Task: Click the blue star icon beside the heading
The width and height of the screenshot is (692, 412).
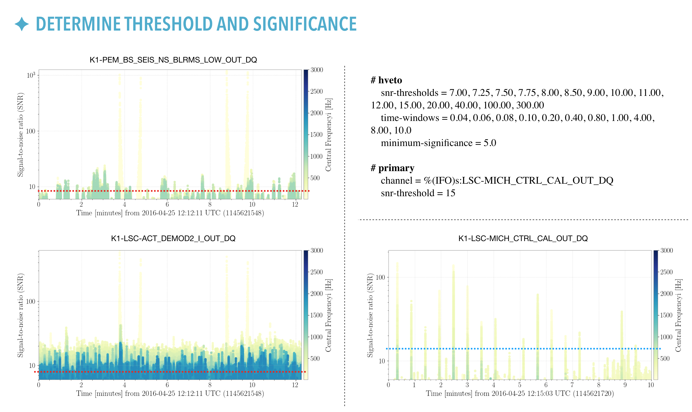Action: coord(22,24)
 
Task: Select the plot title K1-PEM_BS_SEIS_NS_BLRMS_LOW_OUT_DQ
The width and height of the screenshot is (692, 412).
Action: coord(173,60)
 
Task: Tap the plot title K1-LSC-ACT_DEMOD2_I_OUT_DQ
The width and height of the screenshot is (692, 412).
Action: coord(173,239)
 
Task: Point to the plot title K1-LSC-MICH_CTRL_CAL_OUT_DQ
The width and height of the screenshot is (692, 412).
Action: coord(523,239)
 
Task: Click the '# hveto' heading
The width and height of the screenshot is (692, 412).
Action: coord(386,80)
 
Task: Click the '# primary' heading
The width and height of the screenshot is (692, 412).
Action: coord(392,168)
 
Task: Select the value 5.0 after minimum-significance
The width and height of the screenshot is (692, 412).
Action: coord(490,143)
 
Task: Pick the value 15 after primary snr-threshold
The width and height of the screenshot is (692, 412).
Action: coord(450,193)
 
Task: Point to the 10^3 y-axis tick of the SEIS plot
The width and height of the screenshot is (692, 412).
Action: coord(31,75)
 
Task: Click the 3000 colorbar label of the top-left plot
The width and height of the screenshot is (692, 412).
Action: coord(317,70)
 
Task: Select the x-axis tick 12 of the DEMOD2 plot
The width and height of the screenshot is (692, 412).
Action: coord(295,385)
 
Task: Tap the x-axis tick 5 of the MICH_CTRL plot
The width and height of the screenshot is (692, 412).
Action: coord(519,385)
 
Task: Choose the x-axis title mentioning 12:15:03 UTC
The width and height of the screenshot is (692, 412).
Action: coord(520,394)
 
